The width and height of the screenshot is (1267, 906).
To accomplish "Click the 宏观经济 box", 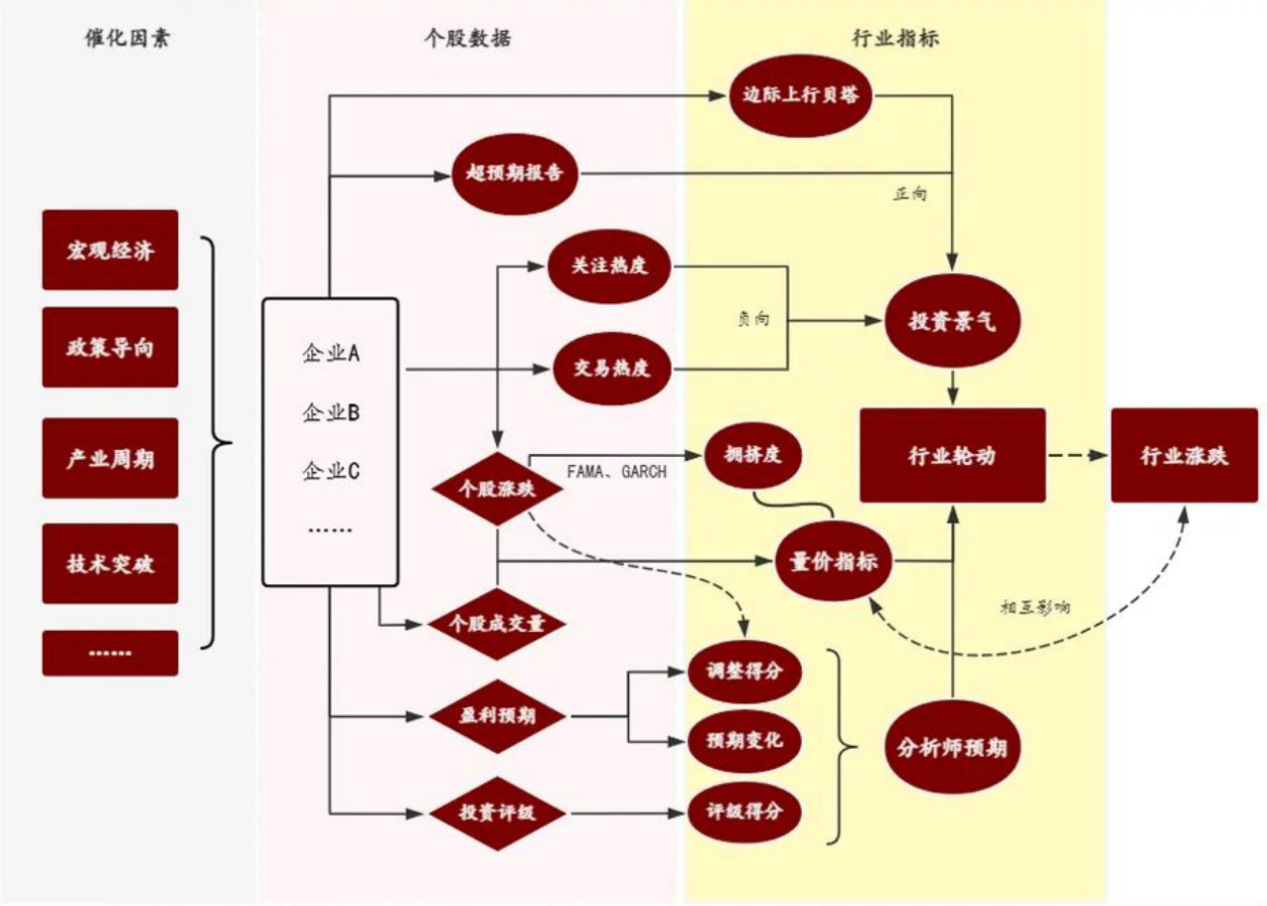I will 110,249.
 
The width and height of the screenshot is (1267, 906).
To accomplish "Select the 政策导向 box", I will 110,347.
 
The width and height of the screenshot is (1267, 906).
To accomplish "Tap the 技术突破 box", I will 110,563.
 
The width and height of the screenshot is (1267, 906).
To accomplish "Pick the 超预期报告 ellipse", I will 515,172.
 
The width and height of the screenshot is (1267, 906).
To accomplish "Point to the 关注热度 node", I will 609,267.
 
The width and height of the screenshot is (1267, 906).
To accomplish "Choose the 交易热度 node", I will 611,369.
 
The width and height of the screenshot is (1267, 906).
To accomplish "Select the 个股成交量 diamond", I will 497,624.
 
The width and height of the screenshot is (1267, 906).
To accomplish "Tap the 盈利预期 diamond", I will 497,715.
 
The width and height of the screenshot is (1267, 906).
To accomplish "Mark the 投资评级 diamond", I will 497,813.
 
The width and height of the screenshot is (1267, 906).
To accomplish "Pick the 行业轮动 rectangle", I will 952,455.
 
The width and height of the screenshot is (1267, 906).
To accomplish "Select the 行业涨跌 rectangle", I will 1184,455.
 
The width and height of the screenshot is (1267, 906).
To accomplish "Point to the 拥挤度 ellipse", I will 751,456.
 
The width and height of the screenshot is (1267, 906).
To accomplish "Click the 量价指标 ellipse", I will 833,561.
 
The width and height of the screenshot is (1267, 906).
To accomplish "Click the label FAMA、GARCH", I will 616,472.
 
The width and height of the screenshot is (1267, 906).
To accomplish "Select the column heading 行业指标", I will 895,39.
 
